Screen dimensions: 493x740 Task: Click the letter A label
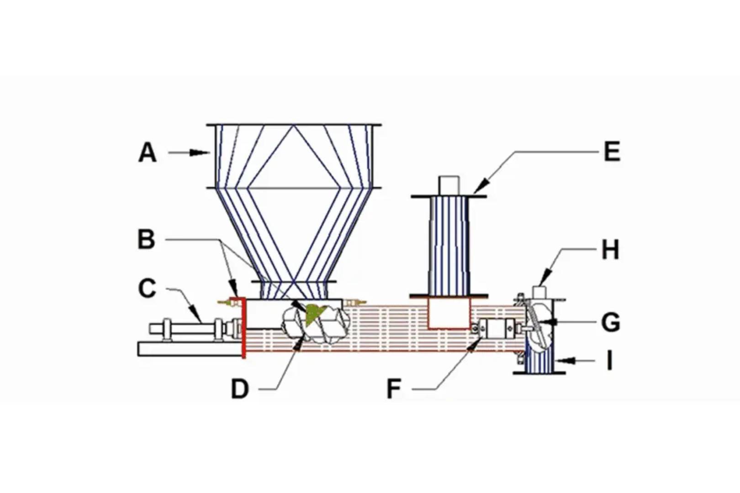[147, 153]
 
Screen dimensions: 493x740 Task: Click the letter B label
[146, 239]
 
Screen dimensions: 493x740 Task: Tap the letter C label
[147, 289]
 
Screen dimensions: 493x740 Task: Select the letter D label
[240, 389]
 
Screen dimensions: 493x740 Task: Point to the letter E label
[612, 152]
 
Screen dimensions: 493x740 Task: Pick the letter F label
[394, 389]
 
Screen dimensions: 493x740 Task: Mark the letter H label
[610, 250]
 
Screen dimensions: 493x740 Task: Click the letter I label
[609, 361]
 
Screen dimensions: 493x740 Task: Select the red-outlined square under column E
[449, 313]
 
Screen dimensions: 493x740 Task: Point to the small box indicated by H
[540, 292]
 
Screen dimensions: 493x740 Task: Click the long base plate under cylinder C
[189, 349]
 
